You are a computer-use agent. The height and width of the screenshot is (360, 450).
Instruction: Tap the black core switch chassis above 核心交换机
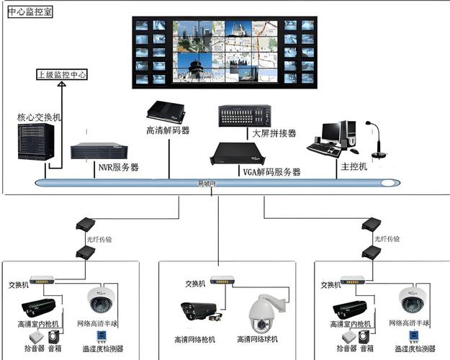click(36, 141)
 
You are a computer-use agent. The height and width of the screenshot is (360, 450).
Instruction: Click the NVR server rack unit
click(99, 151)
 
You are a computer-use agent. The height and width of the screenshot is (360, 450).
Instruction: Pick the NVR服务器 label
click(118, 167)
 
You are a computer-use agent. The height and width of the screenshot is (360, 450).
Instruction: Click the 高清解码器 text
click(167, 131)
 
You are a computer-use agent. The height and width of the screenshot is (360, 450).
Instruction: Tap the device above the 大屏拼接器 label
click(245, 115)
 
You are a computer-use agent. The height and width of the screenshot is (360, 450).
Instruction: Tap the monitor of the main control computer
click(332, 131)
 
